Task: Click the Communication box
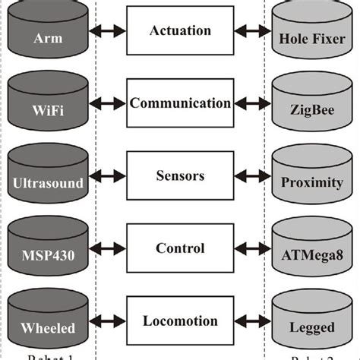[179, 104]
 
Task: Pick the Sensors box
[179, 176]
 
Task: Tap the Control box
[179, 248]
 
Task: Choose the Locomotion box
[179, 321]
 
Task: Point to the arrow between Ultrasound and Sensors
[106, 176]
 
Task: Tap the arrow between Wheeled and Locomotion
[106, 321]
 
